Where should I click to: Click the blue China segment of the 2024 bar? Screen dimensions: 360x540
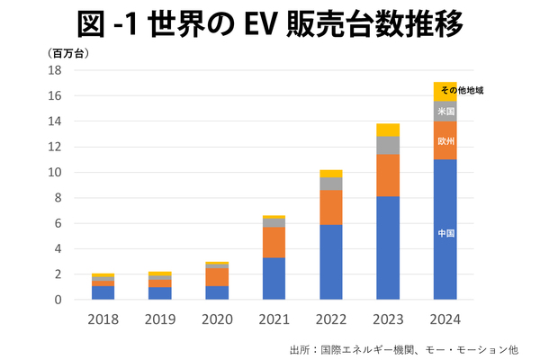(x=445, y=261)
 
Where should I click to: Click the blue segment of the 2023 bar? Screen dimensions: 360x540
(x=388, y=247)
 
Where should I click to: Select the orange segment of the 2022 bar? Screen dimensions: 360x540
(x=331, y=207)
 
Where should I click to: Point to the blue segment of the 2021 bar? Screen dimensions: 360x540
(x=274, y=278)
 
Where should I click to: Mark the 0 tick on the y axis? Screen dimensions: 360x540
(x=58, y=300)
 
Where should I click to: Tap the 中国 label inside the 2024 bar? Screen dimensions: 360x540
(x=445, y=233)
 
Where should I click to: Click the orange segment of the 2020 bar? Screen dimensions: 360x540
(x=217, y=276)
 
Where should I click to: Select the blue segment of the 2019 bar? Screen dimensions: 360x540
(x=160, y=293)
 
